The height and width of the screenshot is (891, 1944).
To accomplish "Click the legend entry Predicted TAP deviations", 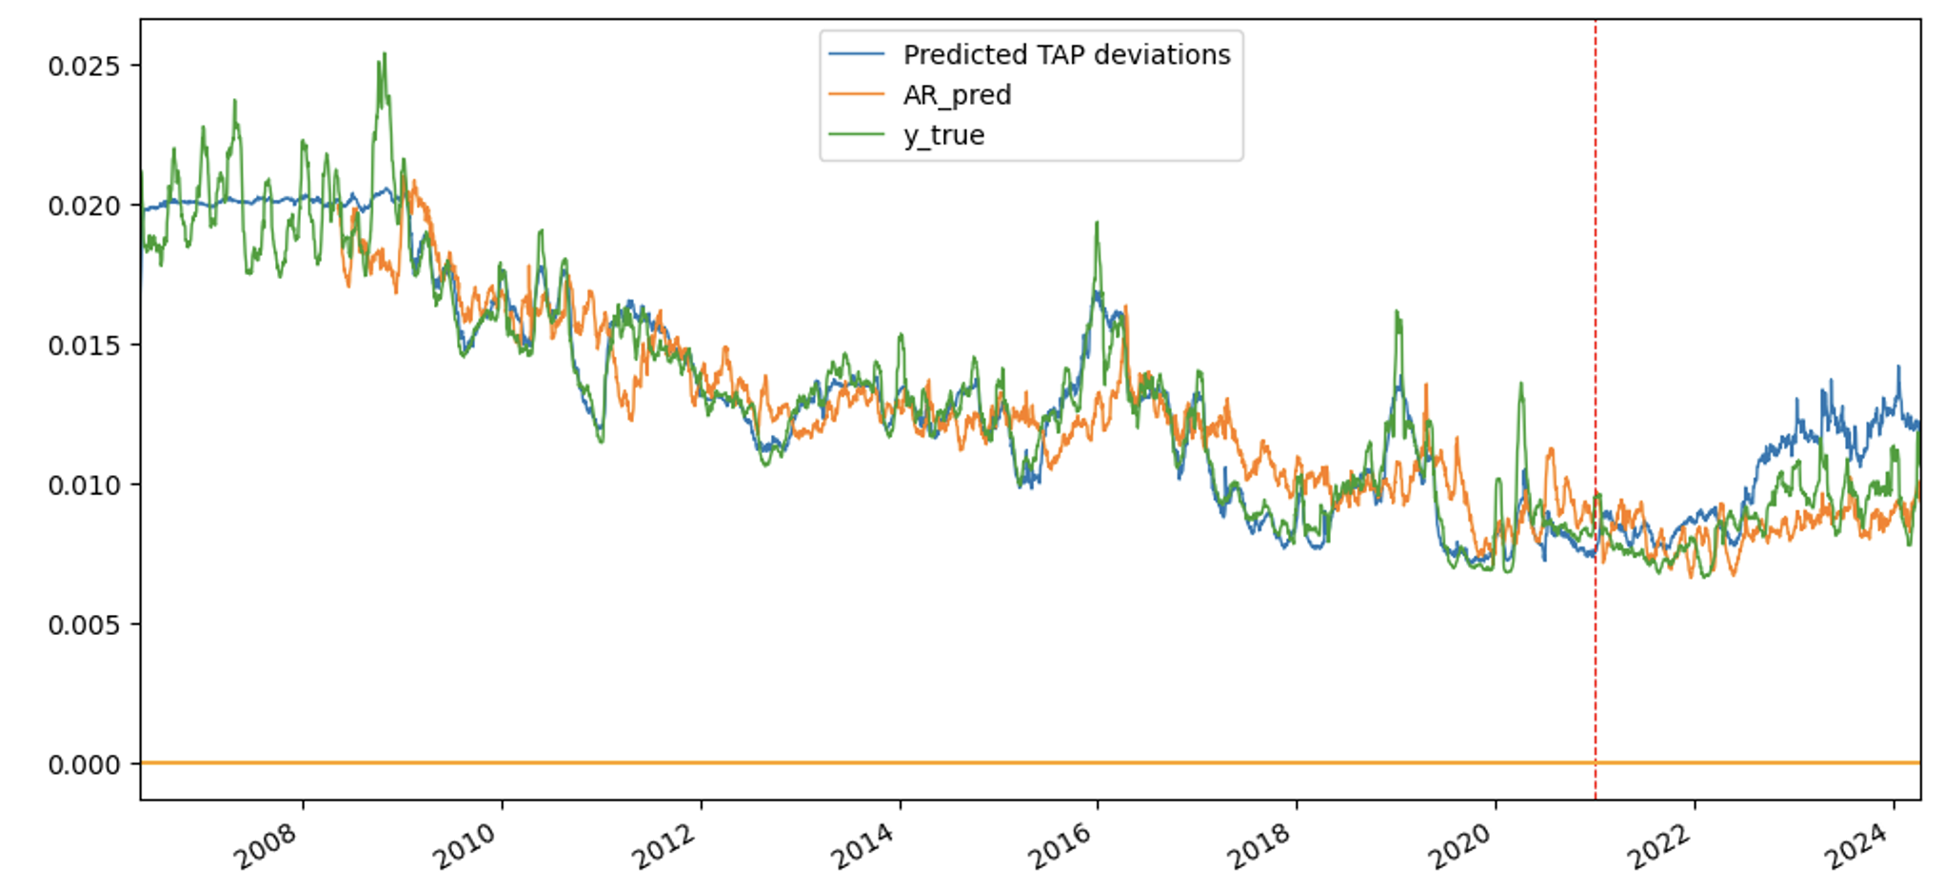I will tap(1065, 55).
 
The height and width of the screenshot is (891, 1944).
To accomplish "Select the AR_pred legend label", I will tap(956, 95).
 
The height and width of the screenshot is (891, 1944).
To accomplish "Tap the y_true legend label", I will tap(942, 135).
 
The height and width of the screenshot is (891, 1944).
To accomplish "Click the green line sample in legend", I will tap(857, 135).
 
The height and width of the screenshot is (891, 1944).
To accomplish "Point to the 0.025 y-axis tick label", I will tap(84, 66).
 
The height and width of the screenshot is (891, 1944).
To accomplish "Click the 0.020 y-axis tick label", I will tap(84, 206).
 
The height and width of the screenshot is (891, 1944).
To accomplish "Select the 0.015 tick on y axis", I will tap(84, 346).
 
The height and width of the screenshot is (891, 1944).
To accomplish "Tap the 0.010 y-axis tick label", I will tap(84, 485).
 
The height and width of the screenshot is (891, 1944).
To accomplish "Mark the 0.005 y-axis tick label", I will tap(84, 625).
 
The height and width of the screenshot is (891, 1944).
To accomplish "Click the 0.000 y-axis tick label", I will tap(84, 764).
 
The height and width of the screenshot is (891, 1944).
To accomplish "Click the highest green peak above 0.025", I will tap(384, 54).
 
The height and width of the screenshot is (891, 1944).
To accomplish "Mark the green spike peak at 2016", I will tap(1097, 224).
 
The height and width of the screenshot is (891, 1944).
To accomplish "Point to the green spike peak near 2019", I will tap(1397, 312).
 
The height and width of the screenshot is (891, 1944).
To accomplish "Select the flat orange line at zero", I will tap(952, 762).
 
